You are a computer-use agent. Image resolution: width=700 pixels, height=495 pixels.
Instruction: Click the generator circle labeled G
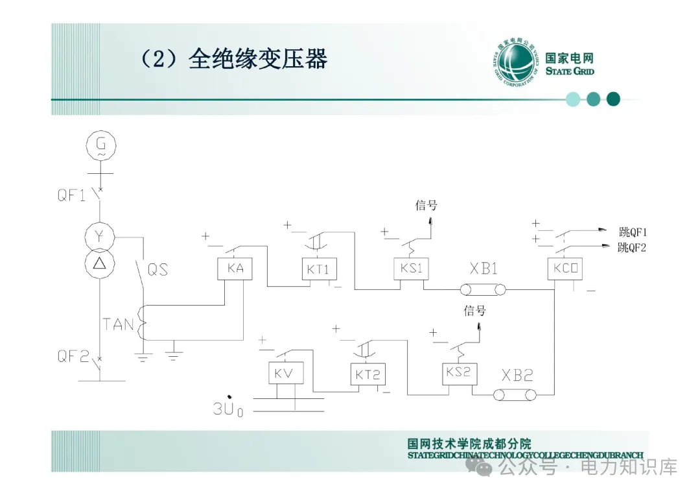100,147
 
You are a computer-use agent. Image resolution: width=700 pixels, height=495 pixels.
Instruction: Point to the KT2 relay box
367,374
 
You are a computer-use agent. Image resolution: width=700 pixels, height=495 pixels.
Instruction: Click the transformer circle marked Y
100,237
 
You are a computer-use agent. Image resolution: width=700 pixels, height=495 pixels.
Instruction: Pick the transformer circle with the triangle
100,263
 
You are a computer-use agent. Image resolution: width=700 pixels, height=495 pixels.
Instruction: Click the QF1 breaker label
71,194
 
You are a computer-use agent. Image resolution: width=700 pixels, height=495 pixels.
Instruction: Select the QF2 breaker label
71,356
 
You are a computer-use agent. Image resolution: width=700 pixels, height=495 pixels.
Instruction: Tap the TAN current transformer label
118,323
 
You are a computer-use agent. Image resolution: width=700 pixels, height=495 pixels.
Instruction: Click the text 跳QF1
633,232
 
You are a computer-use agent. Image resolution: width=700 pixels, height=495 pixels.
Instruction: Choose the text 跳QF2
633,247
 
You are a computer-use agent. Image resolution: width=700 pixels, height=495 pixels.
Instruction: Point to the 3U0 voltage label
228,408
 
